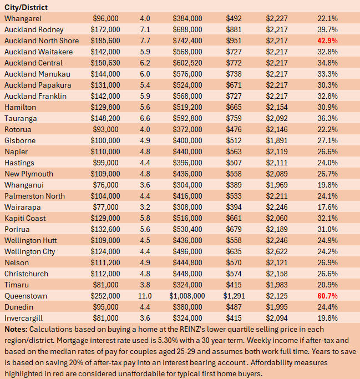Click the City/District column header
tap(26, 8)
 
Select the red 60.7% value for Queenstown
tap(327, 296)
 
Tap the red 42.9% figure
tap(327, 41)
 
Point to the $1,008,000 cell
tap(187, 296)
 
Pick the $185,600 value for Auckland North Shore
tap(105, 41)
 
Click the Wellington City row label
tap(30, 251)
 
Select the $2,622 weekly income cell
tap(277, 251)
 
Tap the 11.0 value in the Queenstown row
tap(145, 296)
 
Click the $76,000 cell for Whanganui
tap(105, 185)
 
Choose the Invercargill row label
tap(23, 319)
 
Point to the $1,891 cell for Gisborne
tap(277, 140)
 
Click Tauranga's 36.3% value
tap(327, 118)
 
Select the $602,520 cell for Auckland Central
tap(187, 63)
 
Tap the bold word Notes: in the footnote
tap(16, 329)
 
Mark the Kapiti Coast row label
tap(25, 218)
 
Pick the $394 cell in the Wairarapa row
tap(234, 207)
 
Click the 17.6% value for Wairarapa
tap(327, 207)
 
